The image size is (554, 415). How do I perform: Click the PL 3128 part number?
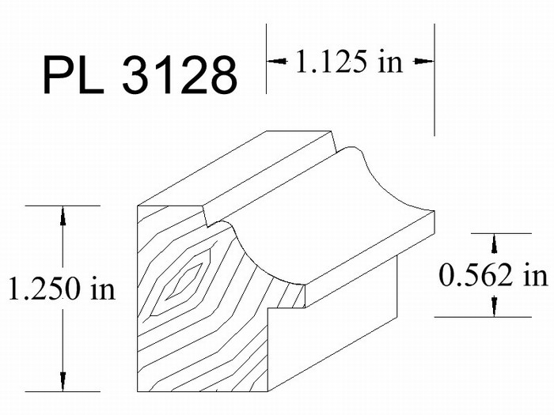pyautogui.click(x=140, y=75)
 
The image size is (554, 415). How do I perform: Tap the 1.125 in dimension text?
pyautogui.click(x=349, y=62)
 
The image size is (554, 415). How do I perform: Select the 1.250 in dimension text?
pyautogui.click(x=62, y=288)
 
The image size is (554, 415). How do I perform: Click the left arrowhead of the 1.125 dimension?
pyautogui.click(x=277, y=62)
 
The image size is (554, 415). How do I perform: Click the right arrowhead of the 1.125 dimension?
pyautogui.click(x=423, y=62)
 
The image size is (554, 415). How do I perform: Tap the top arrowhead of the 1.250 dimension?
pyautogui.click(x=63, y=216)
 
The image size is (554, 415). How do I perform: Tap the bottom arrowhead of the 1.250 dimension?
pyautogui.click(x=63, y=382)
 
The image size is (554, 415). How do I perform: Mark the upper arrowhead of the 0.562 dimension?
pyautogui.click(x=494, y=243)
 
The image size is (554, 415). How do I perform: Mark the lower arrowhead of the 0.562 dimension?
pyautogui.click(x=494, y=307)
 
